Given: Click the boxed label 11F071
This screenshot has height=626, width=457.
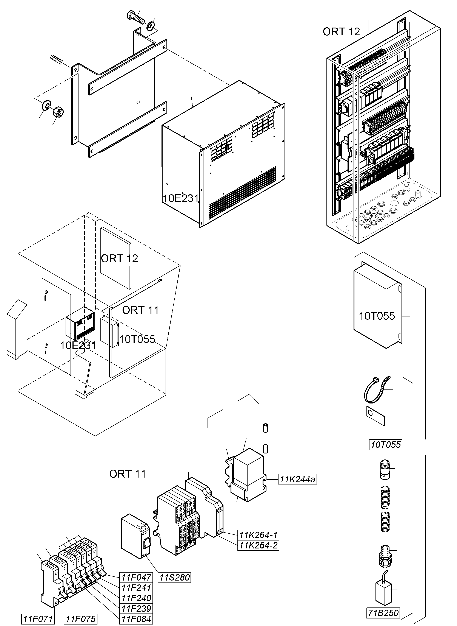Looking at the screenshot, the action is [x=38, y=619].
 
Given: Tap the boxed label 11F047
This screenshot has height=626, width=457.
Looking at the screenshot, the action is [x=136, y=577].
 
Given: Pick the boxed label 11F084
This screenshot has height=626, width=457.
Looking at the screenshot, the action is [x=136, y=619].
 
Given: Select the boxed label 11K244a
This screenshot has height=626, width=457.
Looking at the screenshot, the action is [x=297, y=479].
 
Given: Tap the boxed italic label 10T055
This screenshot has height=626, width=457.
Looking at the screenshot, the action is [x=386, y=445].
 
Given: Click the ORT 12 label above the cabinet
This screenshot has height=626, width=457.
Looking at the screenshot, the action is [x=341, y=32].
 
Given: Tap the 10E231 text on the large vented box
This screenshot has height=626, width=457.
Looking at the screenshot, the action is [x=181, y=198].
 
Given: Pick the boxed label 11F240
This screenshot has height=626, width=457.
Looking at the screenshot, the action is [x=136, y=598].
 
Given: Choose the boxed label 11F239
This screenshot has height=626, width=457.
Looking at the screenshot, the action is [x=136, y=609].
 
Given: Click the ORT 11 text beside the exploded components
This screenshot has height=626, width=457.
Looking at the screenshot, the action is [x=128, y=474].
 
